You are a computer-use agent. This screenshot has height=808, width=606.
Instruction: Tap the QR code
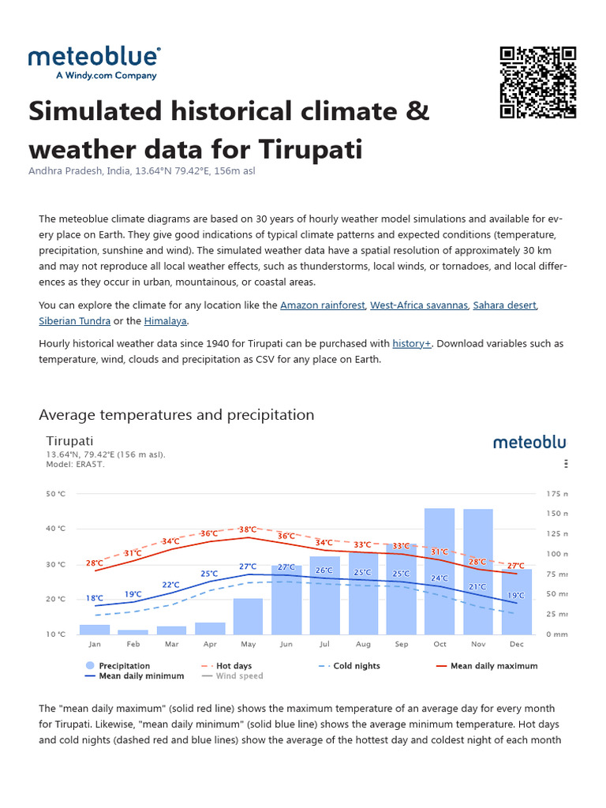tap(538, 83)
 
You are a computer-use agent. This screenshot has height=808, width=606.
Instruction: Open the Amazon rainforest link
tap(322, 305)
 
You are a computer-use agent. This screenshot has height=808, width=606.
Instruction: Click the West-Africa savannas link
tap(418, 305)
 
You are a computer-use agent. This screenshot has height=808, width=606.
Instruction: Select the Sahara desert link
tap(505, 305)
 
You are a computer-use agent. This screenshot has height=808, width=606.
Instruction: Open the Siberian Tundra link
tap(75, 321)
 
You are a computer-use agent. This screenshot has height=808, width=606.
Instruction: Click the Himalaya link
tap(166, 321)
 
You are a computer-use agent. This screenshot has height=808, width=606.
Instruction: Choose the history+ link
tap(411, 343)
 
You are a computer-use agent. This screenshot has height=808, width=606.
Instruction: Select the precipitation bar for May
tap(248, 616)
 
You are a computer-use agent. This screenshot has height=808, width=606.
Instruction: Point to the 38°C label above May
tap(248, 529)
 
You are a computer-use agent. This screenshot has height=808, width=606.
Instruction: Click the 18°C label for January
tap(95, 598)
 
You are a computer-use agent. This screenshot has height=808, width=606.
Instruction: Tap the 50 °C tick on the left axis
tap(56, 494)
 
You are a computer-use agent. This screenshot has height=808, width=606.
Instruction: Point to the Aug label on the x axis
tap(362, 645)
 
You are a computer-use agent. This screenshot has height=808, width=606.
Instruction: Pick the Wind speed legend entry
tap(239, 676)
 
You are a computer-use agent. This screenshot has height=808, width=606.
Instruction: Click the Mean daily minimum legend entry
tap(140, 676)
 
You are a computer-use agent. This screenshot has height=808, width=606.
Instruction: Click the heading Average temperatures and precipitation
tap(176, 415)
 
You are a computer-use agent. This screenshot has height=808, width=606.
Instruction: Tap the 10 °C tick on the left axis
tap(56, 634)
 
